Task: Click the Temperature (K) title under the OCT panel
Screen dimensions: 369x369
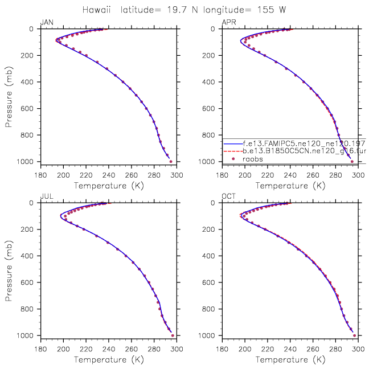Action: [x=290, y=360]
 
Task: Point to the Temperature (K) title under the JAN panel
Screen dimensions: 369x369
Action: [x=108, y=186]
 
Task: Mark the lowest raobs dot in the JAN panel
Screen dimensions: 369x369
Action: [x=171, y=161]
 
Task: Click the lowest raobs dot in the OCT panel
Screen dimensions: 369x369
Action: [x=354, y=335]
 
